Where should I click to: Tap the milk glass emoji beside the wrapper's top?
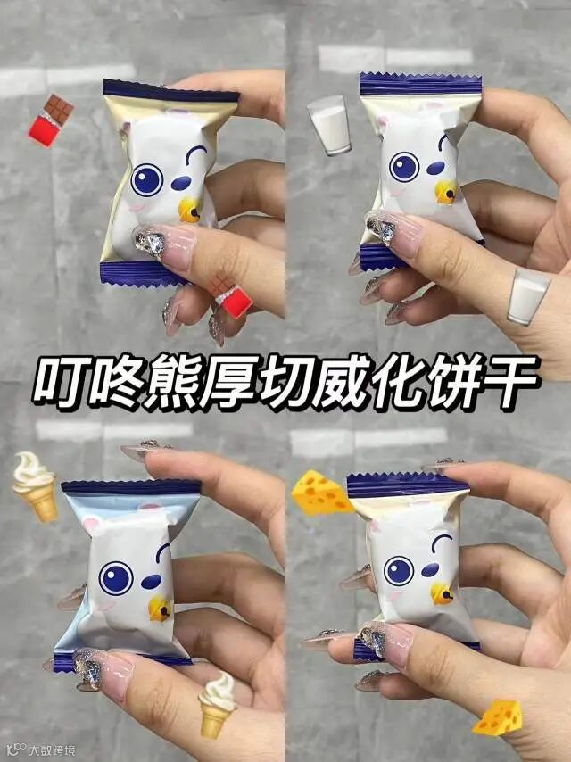(330, 125)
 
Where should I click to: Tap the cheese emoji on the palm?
(498, 717)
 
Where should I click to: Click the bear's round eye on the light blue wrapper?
(116, 578)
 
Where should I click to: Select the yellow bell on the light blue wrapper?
(160, 609)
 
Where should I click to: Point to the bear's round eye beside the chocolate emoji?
(146, 180)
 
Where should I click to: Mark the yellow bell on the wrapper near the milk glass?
(446, 192)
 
